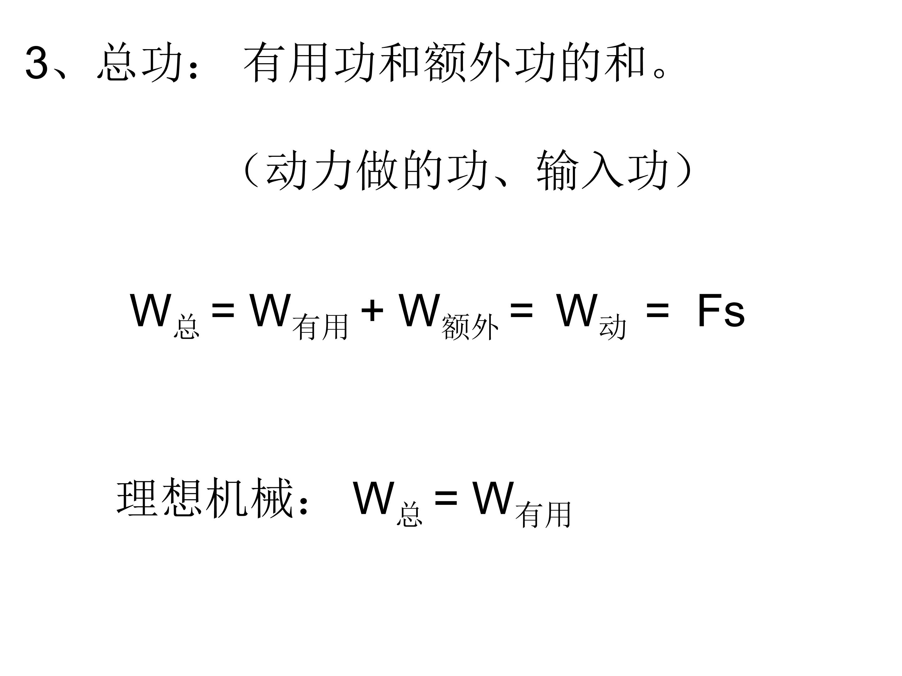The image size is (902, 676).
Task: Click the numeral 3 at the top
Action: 37,62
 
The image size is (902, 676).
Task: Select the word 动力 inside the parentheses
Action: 309,170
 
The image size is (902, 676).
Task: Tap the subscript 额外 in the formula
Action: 470,327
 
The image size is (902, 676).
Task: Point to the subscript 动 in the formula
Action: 613,327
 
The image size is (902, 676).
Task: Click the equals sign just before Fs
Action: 658,311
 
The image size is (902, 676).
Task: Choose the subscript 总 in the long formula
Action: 187,327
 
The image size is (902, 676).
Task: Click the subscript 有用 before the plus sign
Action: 320,327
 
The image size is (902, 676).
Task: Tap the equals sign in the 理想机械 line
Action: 446,498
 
